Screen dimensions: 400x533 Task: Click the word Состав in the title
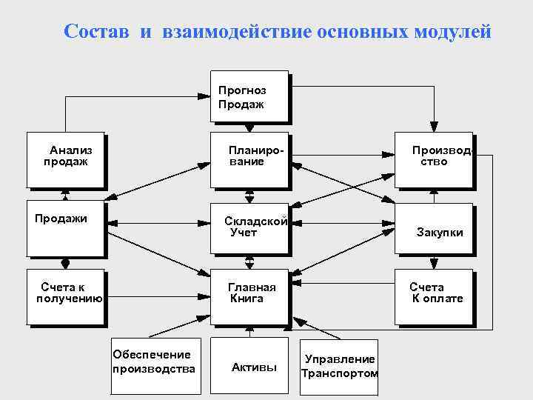96,32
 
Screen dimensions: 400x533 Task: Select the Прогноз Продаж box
249,96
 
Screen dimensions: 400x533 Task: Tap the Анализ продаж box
64,159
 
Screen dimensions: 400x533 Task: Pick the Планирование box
249,159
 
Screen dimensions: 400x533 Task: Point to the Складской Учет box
249,227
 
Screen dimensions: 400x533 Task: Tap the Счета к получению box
64,296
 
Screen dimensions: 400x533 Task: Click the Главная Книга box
249,296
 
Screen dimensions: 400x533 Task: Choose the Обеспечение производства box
153,362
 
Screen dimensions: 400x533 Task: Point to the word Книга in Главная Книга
247,299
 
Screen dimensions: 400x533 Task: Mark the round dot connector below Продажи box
65,263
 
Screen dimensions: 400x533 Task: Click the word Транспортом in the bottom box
339,373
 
